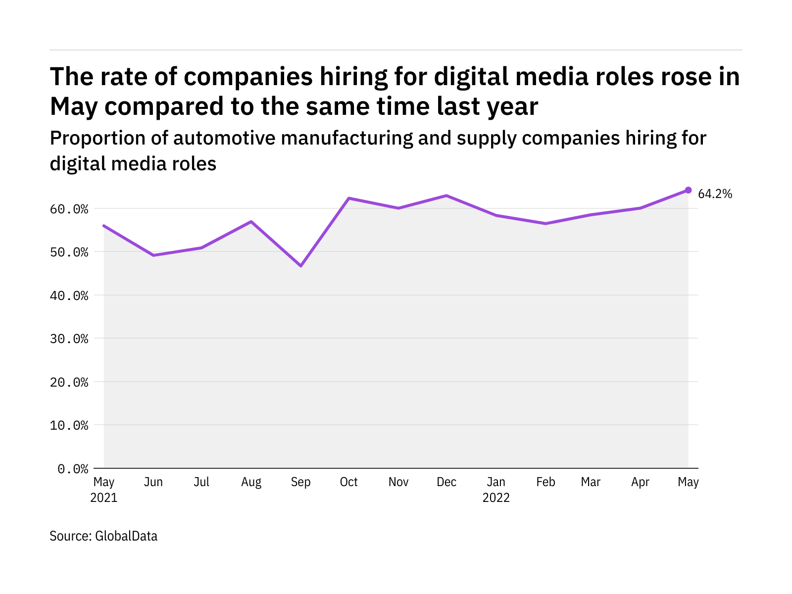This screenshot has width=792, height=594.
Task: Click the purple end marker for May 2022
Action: (688, 190)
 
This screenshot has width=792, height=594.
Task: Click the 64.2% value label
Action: (715, 194)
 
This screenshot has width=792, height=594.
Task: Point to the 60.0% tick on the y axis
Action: (69, 209)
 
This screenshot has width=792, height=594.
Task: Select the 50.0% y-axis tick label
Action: (69, 252)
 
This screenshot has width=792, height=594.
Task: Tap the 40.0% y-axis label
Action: (69, 296)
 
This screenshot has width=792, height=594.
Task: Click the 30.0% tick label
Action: (69, 339)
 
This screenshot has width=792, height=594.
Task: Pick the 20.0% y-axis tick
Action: (69, 382)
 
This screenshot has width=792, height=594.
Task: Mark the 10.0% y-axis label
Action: (69, 425)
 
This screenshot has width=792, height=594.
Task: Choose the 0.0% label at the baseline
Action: (73, 469)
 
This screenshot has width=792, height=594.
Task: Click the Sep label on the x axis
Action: (300, 482)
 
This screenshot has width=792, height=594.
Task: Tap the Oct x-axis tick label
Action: (349, 482)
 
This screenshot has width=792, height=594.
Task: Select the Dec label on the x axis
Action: (446, 482)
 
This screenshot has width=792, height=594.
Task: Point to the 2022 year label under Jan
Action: (496, 498)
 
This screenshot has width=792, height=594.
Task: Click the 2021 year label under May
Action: (104, 498)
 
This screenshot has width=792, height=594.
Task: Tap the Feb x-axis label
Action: (545, 482)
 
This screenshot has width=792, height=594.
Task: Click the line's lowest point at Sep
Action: (300, 266)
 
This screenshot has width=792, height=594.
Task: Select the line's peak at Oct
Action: (349, 198)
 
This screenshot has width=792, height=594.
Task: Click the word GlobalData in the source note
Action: (126, 536)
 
